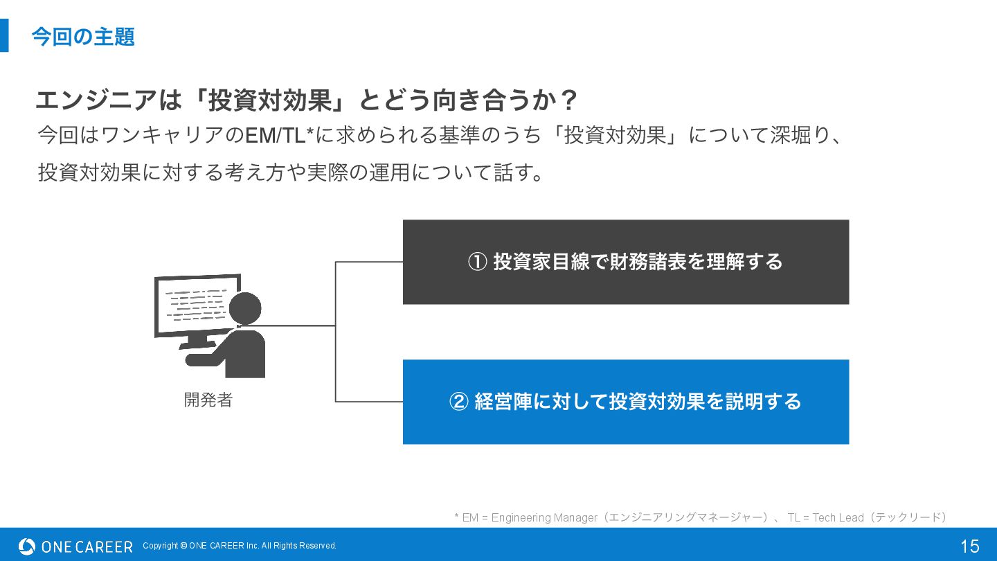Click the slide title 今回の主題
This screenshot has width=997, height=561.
[x=83, y=37]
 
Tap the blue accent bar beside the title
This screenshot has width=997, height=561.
[x=4, y=35]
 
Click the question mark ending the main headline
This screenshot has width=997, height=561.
[x=568, y=101]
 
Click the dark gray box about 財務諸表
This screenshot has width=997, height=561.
[x=625, y=262]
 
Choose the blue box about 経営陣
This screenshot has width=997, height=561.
[x=625, y=402]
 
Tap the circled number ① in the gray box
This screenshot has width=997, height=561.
[x=478, y=262]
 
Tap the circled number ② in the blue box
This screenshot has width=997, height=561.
[x=459, y=402]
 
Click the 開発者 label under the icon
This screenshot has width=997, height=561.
[x=208, y=400]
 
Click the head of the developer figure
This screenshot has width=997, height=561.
[x=245, y=308]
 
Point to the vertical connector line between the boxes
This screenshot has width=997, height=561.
[x=336, y=332]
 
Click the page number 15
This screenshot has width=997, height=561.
[x=969, y=546]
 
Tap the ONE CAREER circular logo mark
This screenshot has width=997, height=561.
[x=27, y=546]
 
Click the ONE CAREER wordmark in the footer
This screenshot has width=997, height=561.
[x=87, y=546]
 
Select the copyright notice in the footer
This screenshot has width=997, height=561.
[x=240, y=546]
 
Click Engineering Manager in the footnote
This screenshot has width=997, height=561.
[x=544, y=517]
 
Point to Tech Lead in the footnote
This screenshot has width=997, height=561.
[x=838, y=517]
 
